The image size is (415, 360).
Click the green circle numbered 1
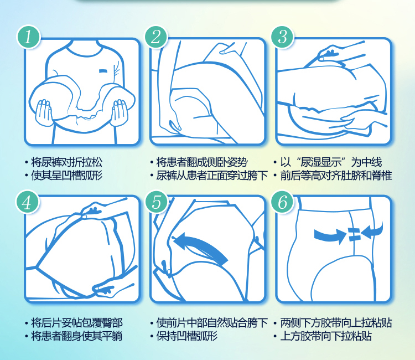coord(28,37)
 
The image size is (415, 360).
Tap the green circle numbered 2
coord(156,37)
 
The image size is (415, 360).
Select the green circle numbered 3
coord(283,37)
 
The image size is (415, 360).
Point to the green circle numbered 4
coord(27,203)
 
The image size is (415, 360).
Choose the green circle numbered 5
coord(157,202)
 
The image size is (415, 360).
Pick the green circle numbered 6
coord(283,202)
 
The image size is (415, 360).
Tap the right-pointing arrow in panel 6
coord(330,236)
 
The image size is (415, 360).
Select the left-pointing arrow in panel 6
coord(372,231)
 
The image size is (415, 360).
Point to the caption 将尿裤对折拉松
coord(67,162)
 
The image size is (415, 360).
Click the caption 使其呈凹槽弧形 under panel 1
coord(67,176)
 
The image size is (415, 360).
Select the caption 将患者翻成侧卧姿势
coord(202,162)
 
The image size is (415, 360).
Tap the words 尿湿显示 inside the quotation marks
coord(321,162)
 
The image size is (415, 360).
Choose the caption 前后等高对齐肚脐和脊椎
coord(336,176)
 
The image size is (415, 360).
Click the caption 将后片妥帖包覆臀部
coord(77,323)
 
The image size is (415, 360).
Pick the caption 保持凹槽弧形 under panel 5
coord(186,336)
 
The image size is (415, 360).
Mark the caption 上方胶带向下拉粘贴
coord(326,336)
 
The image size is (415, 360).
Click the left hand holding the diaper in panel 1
coord(44,112)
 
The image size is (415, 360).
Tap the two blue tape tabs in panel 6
coord(354,234)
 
